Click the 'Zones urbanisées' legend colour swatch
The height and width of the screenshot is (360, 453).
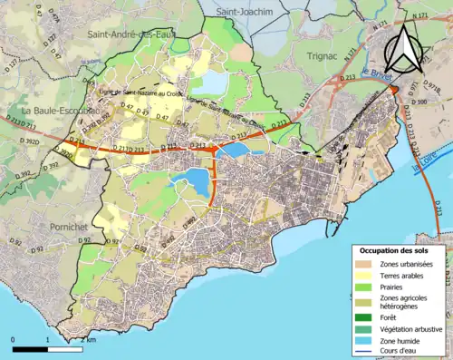(366, 264)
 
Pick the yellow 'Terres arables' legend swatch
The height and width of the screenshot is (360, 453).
(366, 276)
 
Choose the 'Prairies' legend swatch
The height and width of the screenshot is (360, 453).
(366, 287)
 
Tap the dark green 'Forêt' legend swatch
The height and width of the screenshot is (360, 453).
(366, 316)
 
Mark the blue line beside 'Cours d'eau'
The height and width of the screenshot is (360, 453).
(366, 350)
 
